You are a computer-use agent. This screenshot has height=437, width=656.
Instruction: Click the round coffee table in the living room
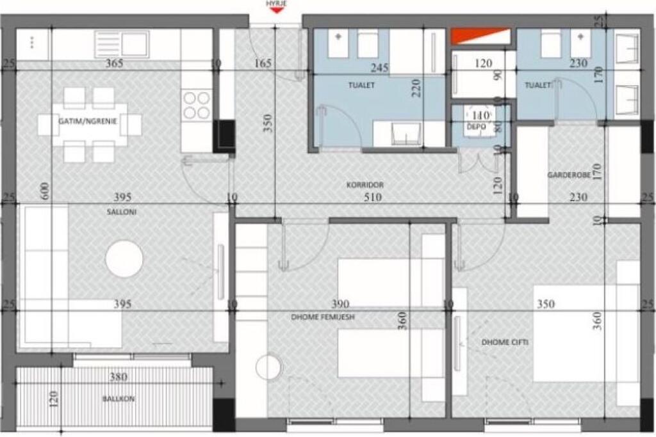point(124,258)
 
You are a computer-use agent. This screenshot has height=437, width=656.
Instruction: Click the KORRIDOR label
point(365,185)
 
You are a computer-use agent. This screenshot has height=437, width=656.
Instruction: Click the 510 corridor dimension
point(372,198)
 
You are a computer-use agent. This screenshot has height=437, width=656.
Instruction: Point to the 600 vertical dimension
point(44,193)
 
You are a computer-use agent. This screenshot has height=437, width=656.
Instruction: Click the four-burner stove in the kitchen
point(197,105)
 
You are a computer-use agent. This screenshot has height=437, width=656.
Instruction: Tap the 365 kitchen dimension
point(114,63)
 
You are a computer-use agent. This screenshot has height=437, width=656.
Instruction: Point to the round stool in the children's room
point(267,368)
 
